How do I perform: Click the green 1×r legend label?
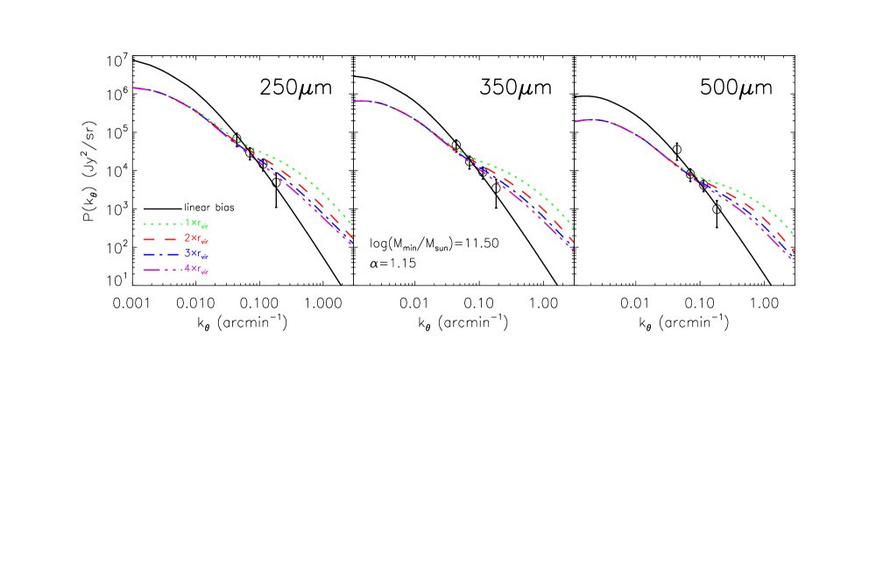[196, 223]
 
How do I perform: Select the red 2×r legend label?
[196, 238]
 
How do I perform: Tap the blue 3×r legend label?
[196, 254]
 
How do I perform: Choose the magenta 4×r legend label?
[196, 270]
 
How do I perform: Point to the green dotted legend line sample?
[162, 223]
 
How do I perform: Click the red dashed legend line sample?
[162, 239]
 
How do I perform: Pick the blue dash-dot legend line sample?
[162, 254]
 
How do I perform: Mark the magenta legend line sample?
[162, 270]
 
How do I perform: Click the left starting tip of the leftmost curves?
[133, 88]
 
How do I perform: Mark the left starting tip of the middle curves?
[354, 101]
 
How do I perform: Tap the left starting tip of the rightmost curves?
[575, 121]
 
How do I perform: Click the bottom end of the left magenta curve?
[350, 244]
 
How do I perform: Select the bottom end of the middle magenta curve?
[573, 251]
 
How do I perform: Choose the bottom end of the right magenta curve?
[794, 262]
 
